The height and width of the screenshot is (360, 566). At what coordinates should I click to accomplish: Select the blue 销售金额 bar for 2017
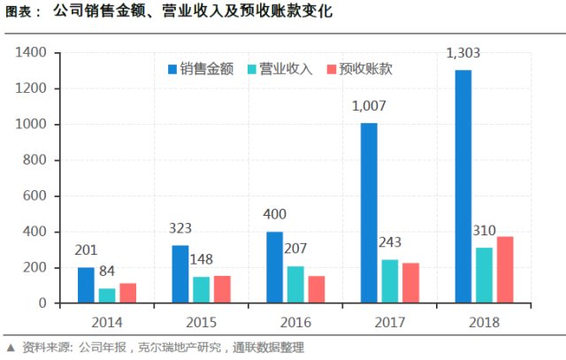click(x=370, y=213)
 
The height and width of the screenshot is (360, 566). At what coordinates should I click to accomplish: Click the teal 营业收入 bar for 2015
click(x=201, y=290)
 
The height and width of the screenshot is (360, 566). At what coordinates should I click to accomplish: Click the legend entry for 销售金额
click(x=200, y=68)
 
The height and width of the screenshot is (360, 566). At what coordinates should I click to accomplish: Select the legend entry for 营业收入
click(x=280, y=68)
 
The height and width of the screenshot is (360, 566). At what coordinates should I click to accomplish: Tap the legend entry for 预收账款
click(x=360, y=68)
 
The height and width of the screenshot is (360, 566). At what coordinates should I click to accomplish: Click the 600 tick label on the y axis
click(x=34, y=196)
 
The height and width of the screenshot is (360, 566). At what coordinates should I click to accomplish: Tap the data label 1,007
click(x=371, y=107)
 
